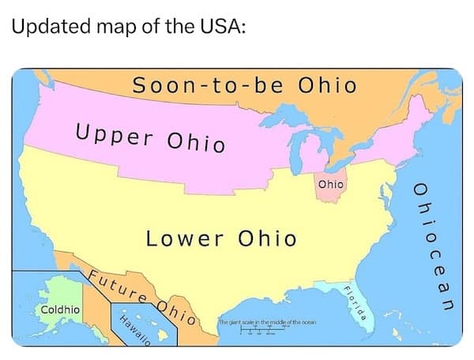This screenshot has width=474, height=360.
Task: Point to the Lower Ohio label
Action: coord(220,238)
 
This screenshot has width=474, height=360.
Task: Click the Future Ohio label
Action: coord(141,297)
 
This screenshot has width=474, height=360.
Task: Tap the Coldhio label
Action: coord(59,309)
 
